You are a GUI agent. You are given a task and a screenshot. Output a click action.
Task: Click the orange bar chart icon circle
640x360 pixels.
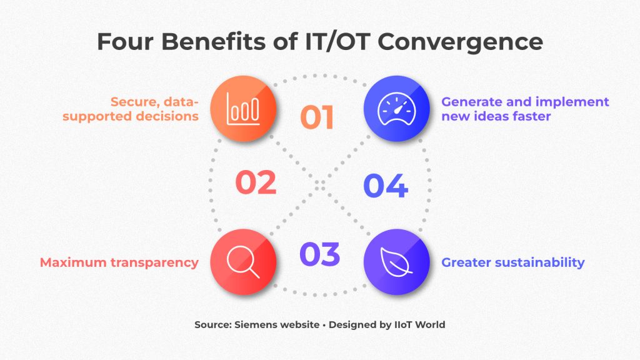pos(243,109)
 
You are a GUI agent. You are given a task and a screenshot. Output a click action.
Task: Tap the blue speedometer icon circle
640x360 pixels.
pos(397,109)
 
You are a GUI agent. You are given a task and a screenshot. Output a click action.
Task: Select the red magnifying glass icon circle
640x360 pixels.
pos(243,262)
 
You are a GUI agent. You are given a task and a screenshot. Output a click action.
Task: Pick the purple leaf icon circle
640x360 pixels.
pos(397,262)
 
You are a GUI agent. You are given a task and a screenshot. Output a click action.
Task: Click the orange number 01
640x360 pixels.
pos(317,117)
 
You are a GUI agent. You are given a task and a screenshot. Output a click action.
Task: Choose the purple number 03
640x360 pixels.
pos(319,254)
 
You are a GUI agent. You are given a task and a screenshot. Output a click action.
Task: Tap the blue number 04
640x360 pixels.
pos(386,186)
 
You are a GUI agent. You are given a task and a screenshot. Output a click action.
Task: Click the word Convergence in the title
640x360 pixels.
pos(461,42)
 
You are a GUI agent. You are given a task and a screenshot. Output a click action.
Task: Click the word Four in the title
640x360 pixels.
pos(124,42)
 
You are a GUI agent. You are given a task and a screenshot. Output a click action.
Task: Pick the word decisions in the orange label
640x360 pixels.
pos(167,116)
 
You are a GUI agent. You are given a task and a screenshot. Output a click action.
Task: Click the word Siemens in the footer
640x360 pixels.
pos(256,325)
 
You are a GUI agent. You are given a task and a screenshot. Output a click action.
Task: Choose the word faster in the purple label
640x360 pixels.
pos(532,116)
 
